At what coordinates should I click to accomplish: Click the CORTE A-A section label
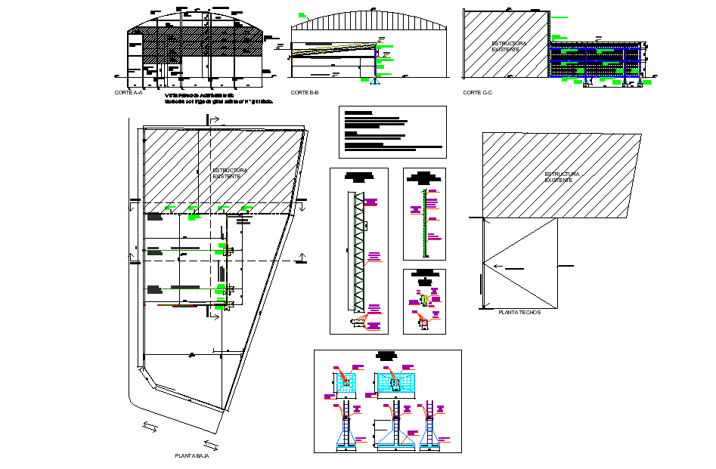128,92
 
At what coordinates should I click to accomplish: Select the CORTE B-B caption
304,92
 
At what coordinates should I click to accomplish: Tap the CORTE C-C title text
477,92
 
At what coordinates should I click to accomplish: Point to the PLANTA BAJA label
191,456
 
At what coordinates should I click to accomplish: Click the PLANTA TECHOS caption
519,312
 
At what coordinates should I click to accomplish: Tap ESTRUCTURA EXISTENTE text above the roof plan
562,176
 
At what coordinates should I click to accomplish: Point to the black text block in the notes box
392,130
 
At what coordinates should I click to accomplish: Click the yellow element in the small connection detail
425,301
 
